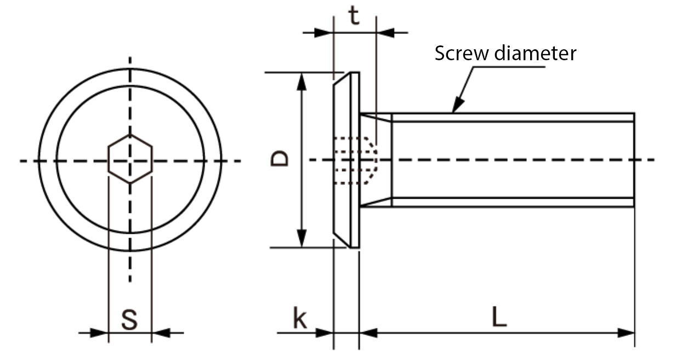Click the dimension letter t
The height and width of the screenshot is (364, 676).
[355, 16]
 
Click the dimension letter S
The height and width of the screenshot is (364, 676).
[129, 319]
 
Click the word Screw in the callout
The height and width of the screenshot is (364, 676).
[461, 54]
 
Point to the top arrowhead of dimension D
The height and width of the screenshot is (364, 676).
[301, 80]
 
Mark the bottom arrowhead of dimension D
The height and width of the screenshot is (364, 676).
[301, 239]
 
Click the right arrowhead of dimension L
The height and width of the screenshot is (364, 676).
[626, 332]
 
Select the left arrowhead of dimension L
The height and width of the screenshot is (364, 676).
[369, 332]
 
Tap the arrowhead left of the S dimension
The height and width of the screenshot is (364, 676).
[99, 332]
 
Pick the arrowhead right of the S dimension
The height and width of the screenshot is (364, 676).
[160, 332]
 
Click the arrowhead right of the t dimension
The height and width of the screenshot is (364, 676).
[385, 32]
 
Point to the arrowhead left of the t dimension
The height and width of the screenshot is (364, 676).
[324, 32]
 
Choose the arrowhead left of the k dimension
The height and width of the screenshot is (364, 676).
[324, 332]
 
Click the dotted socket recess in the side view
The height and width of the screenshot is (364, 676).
[356, 160]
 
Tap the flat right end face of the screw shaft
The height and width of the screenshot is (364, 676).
[634, 160]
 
